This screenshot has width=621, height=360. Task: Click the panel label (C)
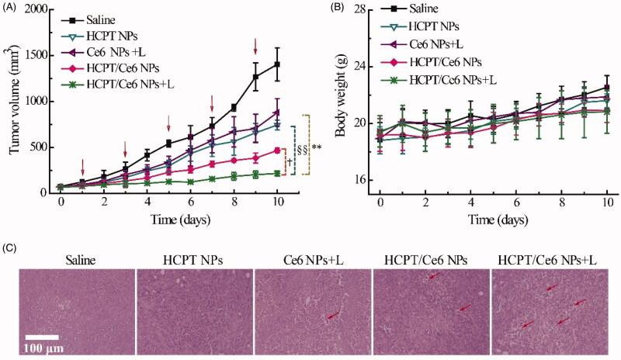[11, 250]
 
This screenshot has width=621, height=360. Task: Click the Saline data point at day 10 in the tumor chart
[277, 64]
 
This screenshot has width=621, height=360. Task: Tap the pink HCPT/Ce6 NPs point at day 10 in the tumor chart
[277, 151]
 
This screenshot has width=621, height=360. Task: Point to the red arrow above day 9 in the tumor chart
[255, 46]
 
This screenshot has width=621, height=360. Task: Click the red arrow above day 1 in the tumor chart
[82, 166]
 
